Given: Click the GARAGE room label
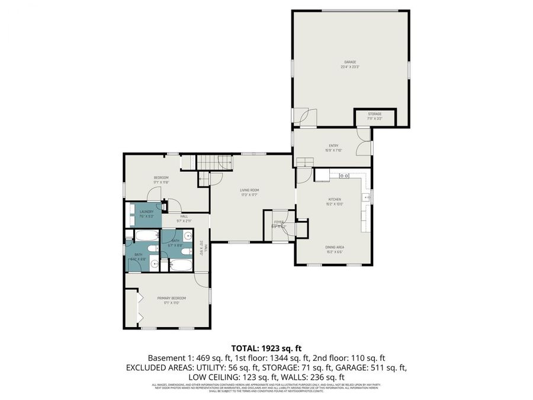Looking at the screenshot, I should [350, 63].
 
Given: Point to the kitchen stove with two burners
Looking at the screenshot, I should [343, 175].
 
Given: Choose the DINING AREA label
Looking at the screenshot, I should [335, 248].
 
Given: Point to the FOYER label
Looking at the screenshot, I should [278, 223].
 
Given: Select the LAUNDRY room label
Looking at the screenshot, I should [146, 213].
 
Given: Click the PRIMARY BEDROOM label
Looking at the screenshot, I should [171, 299].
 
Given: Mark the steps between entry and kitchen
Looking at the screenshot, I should [304, 162].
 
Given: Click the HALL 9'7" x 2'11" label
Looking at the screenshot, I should [184, 218].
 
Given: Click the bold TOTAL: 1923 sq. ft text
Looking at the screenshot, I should [266, 348].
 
